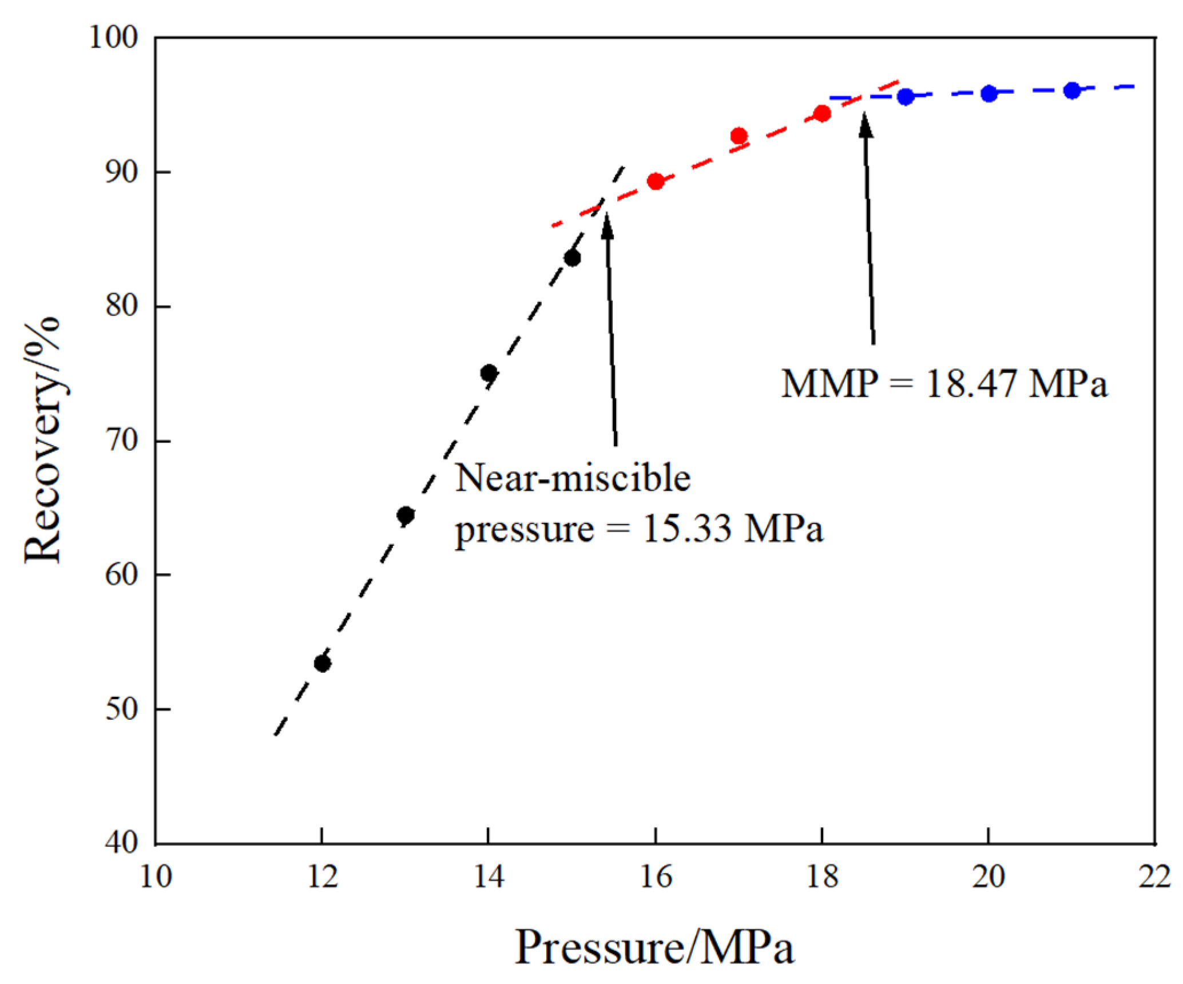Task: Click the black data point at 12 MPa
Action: point(323,664)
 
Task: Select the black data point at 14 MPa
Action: point(489,374)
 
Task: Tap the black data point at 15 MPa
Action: point(572,259)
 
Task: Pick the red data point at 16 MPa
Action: point(656,182)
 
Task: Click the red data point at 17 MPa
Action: point(739,136)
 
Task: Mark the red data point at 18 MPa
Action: point(822,114)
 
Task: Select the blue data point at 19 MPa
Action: point(906,97)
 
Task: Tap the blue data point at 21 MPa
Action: point(1072,90)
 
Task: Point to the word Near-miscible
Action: point(573,478)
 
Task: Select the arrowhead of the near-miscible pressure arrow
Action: point(607,225)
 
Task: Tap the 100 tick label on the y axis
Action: point(114,38)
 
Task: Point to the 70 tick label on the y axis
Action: point(121,441)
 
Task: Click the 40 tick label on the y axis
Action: point(121,843)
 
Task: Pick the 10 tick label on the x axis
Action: point(156,876)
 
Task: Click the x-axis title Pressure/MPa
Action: point(654,947)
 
